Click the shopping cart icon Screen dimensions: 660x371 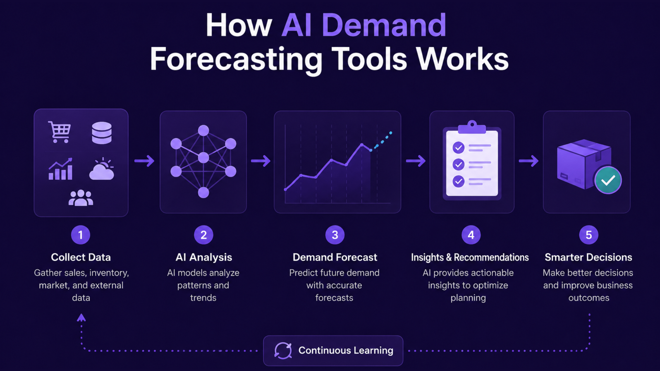(60, 132)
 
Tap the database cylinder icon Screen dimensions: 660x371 (102, 133)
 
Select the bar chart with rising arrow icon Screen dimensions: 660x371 (60, 169)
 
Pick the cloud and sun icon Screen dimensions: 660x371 (102, 169)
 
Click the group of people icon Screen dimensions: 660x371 (81, 198)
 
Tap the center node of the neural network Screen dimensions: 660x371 (203, 158)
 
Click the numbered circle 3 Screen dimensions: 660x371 (335, 235)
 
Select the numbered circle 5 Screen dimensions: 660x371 (589, 235)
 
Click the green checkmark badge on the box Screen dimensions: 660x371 (608, 180)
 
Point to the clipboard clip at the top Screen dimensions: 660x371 (472, 127)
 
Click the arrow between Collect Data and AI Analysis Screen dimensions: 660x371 (144, 161)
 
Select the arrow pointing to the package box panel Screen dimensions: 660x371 (529, 161)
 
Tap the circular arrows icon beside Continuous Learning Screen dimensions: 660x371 (283, 351)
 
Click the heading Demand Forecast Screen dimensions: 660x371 (335, 257)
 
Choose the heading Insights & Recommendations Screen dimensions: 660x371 (470, 257)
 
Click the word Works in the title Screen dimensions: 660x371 (462, 59)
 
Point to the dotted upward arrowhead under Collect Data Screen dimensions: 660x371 (81, 318)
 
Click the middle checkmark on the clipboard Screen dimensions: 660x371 (459, 165)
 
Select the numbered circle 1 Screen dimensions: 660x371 (80, 235)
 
